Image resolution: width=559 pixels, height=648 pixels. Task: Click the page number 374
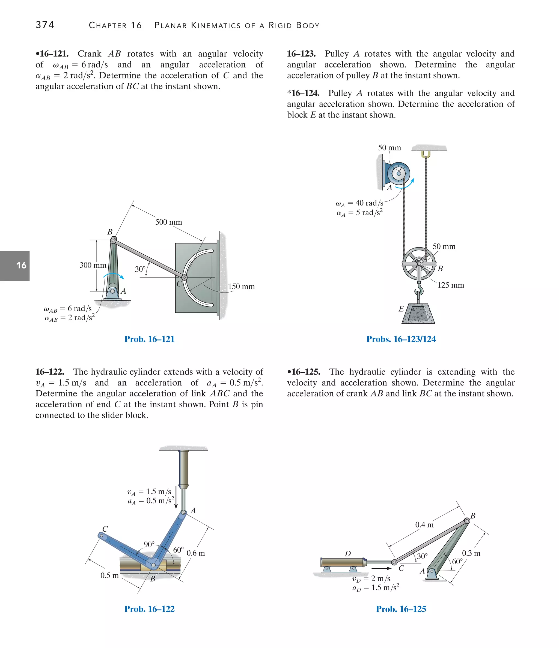(x=45, y=25)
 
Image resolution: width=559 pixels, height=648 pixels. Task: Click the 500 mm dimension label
(x=168, y=222)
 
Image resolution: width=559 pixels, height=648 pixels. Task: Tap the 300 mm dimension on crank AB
(x=93, y=265)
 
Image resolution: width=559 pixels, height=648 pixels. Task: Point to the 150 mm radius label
(x=241, y=287)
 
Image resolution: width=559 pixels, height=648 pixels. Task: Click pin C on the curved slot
(x=185, y=278)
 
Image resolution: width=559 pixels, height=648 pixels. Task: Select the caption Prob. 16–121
(x=149, y=339)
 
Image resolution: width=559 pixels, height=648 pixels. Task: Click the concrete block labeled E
(x=418, y=314)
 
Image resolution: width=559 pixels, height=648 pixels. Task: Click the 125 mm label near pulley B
(x=451, y=285)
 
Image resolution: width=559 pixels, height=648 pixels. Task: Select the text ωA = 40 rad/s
(x=359, y=203)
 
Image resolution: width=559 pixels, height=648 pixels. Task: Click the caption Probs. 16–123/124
(x=401, y=339)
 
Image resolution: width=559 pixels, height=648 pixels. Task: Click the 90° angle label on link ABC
(x=149, y=544)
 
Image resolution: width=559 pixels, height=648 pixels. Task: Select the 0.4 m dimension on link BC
(x=424, y=525)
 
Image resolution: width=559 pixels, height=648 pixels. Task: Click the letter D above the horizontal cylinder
(x=348, y=554)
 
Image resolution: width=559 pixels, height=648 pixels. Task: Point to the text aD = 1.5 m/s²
(x=376, y=588)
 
